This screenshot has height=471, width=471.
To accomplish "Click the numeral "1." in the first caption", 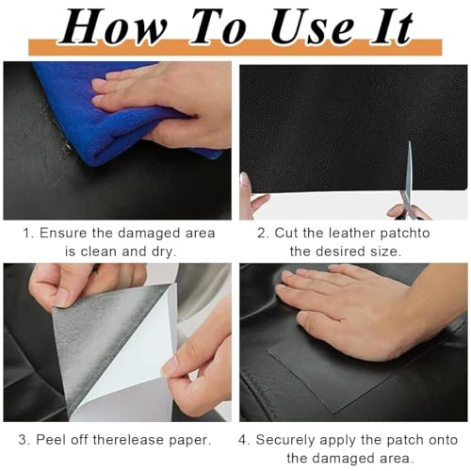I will click(29, 233).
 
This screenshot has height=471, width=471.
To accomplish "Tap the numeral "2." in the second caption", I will click(263, 233).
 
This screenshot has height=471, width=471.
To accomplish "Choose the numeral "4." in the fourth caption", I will click(244, 439).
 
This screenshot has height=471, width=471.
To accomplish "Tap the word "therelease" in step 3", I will click(131, 439).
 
